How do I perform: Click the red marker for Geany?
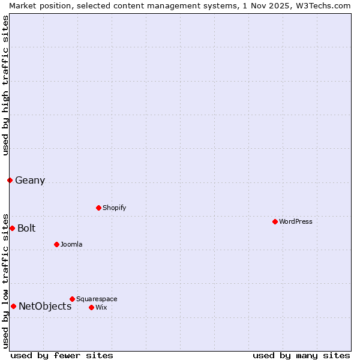coord(10,180)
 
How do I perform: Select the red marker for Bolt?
coord(12,228)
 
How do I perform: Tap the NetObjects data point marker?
coord(13,306)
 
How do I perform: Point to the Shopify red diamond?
coord(98,208)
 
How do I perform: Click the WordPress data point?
coord(275,221)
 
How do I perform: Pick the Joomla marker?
coord(56,244)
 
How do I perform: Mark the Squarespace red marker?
coord(72,299)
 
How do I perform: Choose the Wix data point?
coord(91,307)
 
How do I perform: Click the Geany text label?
coord(30,180)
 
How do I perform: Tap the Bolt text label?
coord(26,228)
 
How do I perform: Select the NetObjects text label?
coord(45,306)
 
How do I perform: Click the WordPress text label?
coord(296,221)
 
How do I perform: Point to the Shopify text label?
coord(115,208)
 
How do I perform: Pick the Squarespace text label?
coord(97,299)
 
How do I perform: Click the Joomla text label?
coord(71,244)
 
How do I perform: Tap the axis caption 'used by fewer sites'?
coord(62,355)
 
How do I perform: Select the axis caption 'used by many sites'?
coord(301,355)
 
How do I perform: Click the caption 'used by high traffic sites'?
coord(5,85)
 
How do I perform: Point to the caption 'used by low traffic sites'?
coord(5,280)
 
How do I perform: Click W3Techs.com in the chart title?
coord(322,5)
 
